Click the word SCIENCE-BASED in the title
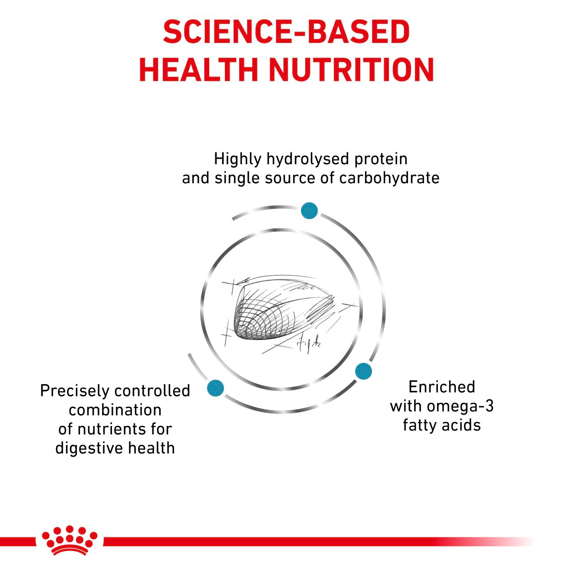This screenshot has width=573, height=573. pyautogui.click(x=286, y=32)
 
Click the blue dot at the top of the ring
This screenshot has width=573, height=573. pyautogui.click(x=309, y=211)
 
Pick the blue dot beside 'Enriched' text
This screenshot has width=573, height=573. pyautogui.click(x=363, y=371)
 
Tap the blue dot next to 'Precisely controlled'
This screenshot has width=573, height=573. pyautogui.click(x=215, y=387)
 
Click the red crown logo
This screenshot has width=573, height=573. pyautogui.click(x=69, y=540)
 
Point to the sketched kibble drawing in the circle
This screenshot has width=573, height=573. pyautogui.click(x=278, y=310)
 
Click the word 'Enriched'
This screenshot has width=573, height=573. pyautogui.click(x=441, y=387)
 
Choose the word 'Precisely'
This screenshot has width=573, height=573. pyautogui.click(x=73, y=391)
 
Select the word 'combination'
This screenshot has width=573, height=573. pyautogui.click(x=115, y=410)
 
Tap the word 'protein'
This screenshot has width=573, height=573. pyautogui.click(x=381, y=159)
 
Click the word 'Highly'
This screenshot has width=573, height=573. pyautogui.click(x=237, y=159)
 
